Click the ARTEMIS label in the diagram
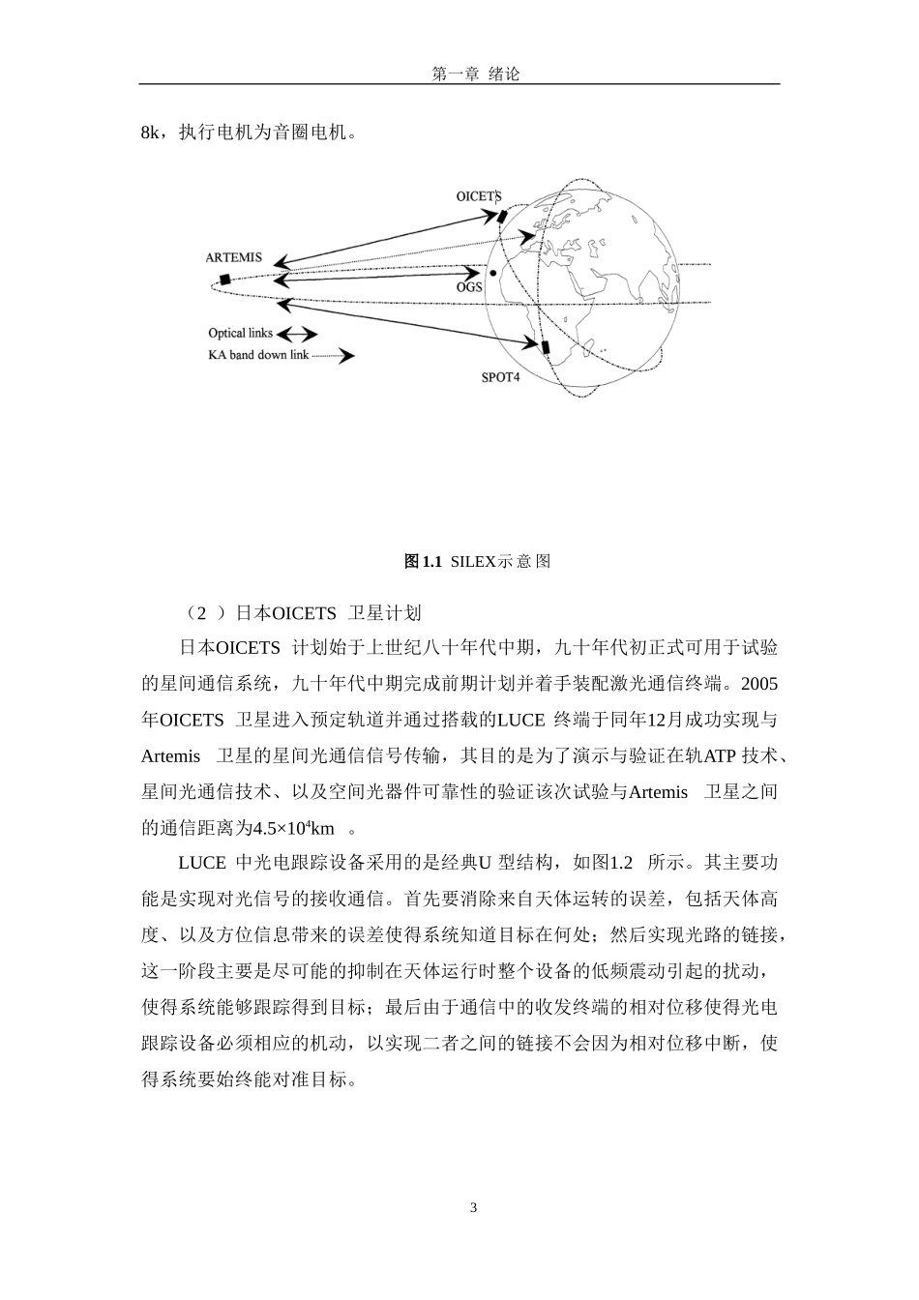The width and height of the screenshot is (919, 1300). (233, 258)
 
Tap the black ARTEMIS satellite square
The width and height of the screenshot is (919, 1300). (224, 280)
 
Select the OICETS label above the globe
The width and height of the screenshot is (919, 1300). (479, 196)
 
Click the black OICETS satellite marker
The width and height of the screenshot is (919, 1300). (500, 216)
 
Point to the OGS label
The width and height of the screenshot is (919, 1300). (469, 287)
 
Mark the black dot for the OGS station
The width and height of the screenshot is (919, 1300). (493, 274)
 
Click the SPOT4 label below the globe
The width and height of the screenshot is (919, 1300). (500, 376)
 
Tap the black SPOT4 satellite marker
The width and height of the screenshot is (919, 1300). (545, 347)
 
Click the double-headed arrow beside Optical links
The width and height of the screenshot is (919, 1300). (298, 334)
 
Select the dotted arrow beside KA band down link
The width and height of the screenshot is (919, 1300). (334, 356)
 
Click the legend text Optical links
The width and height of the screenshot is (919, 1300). (241, 334)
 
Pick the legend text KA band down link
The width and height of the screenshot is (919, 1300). (258, 355)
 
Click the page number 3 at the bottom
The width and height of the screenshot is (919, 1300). (473, 1207)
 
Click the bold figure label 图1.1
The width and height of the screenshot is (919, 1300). (424, 561)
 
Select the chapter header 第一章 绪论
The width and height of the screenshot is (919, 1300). (475, 74)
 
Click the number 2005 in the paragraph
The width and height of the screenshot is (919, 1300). (758, 684)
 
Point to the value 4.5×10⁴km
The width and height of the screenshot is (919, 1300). (293, 828)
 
